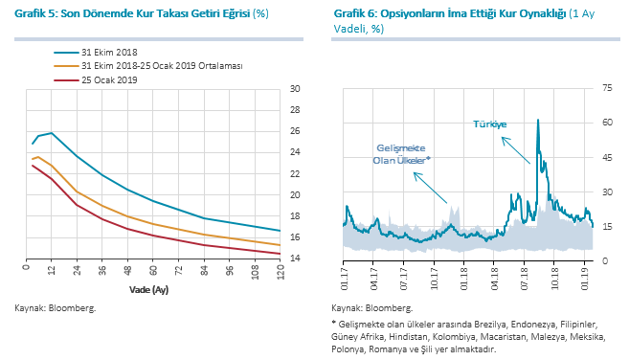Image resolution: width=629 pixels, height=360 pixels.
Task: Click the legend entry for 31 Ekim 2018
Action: tap(96, 52)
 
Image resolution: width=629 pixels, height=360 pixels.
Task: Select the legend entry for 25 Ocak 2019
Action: tap(96, 79)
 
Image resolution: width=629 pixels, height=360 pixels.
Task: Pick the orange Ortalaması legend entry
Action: tap(148, 66)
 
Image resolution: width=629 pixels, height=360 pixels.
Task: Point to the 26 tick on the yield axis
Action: tap(295, 131)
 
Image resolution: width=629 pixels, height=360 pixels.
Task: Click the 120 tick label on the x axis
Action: tap(280, 272)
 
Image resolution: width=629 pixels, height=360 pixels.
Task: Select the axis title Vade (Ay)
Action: tap(148, 289)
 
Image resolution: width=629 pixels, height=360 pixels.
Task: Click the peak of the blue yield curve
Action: tap(52, 133)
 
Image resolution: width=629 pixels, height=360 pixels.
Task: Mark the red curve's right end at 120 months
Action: tap(280, 254)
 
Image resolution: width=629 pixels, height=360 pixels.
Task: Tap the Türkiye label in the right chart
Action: tap(490, 124)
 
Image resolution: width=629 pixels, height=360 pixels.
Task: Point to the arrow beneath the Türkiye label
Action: tap(516, 150)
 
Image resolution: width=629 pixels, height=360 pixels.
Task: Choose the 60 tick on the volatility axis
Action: tap(607, 123)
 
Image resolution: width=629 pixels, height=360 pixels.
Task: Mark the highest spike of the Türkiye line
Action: tap(538, 120)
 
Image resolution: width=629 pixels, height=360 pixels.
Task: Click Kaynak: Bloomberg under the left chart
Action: tap(56, 308)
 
